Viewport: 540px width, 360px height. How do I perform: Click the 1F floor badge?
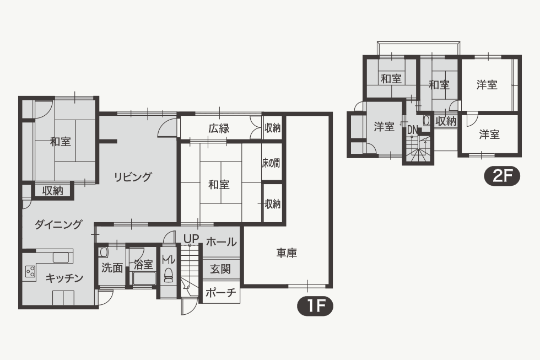pyautogui.click(x=315, y=305)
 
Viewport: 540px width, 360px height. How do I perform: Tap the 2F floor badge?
pyautogui.click(x=502, y=176)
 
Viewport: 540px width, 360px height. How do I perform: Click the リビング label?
pyautogui.click(x=133, y=177)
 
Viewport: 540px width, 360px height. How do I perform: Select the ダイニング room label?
pyautogui.click(x=58, y=224)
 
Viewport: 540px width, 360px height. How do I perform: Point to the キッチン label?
pyautogui.click(x=64, y=278)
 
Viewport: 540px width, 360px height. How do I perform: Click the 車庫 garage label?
pyautogui.click(x=287, y=253)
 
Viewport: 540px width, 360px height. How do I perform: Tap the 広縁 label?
pyautogui.click(x=219, y=129)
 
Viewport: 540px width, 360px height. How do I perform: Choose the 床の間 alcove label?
pyautogui.click(x=271, y=163)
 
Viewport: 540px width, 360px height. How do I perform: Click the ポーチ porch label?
pyautogui.click(x=221, y=293)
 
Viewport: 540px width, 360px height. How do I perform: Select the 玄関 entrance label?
pyautogui.click(x=220, y=269)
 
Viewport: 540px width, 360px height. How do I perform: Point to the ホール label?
pyautogui.click(x=221, y=242)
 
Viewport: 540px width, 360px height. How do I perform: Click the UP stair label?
pyautogui.click(x=191, y=238)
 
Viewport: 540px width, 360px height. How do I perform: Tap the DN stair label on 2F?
pyautogui.click(x=412, y=130)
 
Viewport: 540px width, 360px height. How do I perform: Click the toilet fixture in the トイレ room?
pyautogui.click(x=169, y=275)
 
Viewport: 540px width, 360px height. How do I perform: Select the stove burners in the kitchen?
pyautogui.click(x=30, y=271)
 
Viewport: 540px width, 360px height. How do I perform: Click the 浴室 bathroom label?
pyautogui.click(x=143, y=265)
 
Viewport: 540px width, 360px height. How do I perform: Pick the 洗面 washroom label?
pyautogui.click(x=112, y=268)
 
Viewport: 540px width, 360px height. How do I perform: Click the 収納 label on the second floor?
pyautogui.click(x=446, y=121)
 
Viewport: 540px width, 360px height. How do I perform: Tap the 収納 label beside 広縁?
pyautogui.click(x=272, y=128)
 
